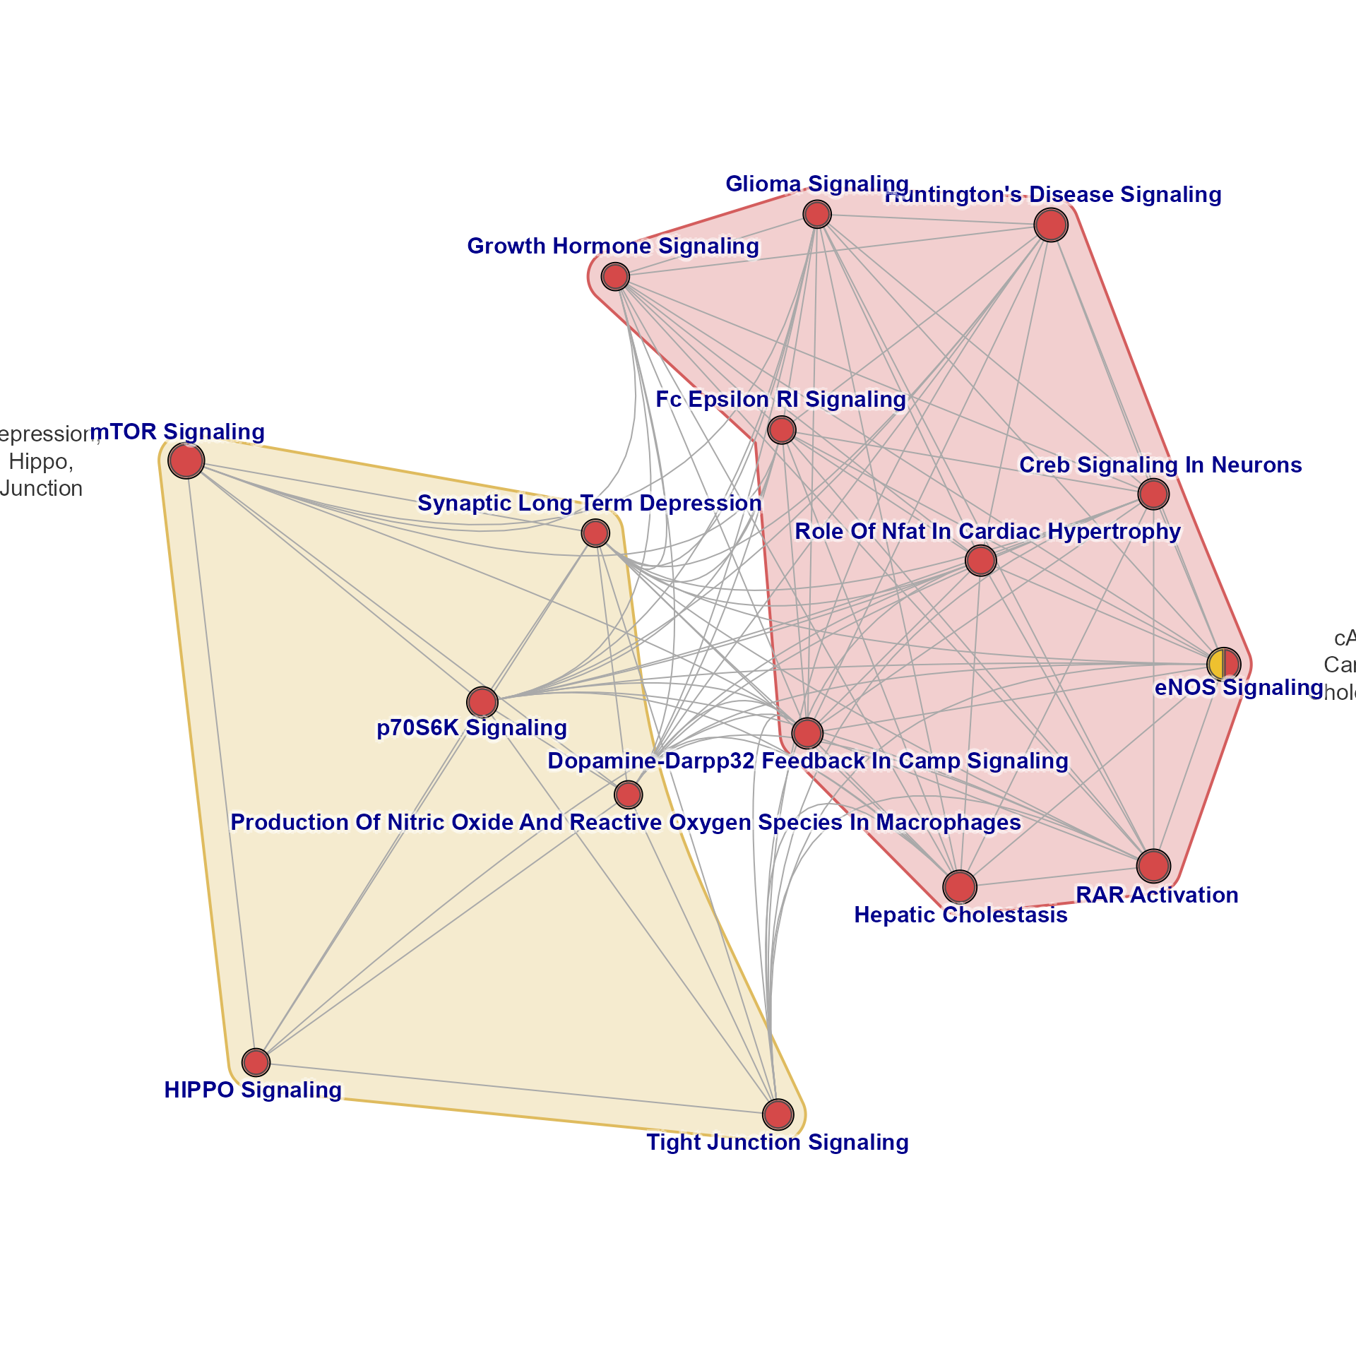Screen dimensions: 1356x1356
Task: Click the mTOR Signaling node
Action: (x=186, y=461)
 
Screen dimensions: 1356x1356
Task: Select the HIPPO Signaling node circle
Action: (x=256, y=1061)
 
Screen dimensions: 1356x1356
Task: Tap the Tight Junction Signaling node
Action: (x=778, y=1114)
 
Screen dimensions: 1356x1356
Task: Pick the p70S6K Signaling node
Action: (x=482, y=702)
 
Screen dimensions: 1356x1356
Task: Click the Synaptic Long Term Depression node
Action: (x=595, y=533)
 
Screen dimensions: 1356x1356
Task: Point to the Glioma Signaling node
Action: (x=817, y=214)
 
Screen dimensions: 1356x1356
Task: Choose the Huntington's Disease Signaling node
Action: (x=1051, y=225)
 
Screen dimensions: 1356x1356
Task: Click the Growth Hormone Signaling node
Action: (x=615, y=276)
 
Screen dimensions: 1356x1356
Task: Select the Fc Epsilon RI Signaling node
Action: (x=781, y=429)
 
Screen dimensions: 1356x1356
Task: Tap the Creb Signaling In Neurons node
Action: (x=1153, y=494)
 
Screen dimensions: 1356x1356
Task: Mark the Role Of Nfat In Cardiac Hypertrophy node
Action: (x=980, y=561)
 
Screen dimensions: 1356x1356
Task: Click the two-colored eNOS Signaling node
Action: (x=1223, y=664)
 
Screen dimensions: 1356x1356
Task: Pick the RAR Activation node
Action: (x=1153, y=866)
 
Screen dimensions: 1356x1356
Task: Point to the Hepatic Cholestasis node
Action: (x=960, y=886)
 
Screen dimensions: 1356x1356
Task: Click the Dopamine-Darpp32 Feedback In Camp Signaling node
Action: (x=807, y=733)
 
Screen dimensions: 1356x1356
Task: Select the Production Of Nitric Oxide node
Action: (x=628, y=795)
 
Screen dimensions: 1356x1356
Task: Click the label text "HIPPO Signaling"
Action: (x=253, y=1090)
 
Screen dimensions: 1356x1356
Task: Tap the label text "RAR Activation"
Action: (x=1157, y=895)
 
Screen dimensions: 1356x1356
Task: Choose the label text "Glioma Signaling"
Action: (x=817, y=184)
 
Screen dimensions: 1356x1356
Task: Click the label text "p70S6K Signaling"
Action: (x=472, y=727)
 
